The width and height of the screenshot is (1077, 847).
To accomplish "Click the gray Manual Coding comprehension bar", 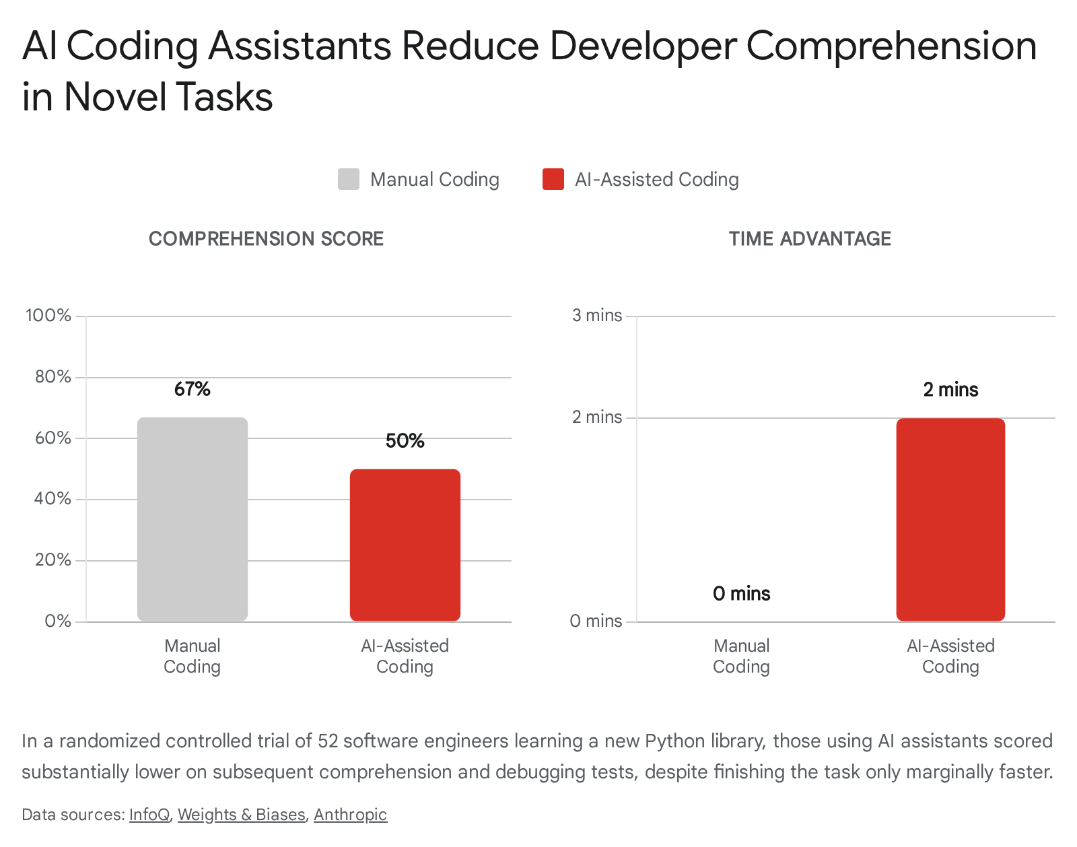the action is [193, 519].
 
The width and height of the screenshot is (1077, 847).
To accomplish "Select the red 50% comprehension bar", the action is [405, 545].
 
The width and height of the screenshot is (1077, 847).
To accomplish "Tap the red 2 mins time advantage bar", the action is [950, 520].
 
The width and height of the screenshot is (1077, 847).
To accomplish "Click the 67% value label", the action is [193, 389].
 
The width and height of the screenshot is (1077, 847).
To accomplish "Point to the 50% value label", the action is [405, 441].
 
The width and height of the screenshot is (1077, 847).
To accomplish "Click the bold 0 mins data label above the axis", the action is [741, 594].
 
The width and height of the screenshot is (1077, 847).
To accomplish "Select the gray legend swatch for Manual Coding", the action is [348, 179].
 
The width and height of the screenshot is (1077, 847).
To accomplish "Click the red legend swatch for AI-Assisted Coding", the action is [553, 179].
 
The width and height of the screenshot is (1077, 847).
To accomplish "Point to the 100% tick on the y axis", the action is [48, 315].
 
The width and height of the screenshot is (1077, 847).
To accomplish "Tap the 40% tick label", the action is [53, 499].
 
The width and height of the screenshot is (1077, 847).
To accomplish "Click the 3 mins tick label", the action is [597, 315].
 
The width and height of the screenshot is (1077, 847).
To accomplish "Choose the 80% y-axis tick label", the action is [53, 376].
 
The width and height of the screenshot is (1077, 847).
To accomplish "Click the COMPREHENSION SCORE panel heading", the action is [267, 239].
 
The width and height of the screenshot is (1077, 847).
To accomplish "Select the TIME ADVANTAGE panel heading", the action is [810, 239].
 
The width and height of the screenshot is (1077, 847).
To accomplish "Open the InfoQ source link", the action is [149, 815].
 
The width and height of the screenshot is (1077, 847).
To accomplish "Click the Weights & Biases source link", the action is [241, 815].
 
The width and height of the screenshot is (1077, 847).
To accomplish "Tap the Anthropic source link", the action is [350, 815].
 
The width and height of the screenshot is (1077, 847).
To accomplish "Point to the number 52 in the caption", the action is [328, 741].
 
